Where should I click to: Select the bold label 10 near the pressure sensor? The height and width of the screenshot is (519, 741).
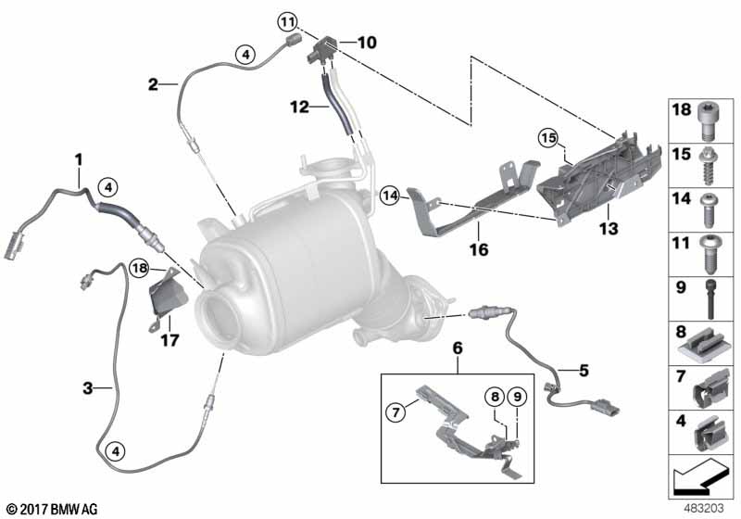click(367, 43)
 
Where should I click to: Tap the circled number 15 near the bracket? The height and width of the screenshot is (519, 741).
click(548, 138)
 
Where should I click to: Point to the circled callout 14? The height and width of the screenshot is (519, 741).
click(390, 196)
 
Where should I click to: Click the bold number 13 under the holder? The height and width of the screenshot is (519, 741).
click(609, 229)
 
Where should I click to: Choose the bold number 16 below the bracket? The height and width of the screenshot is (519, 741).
click(479, 249)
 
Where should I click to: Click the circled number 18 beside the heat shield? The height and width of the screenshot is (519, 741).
click(140, 269)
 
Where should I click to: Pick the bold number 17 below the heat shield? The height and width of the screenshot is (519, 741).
click(170, 340)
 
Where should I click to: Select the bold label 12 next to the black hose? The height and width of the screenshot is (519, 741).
click(299, 107)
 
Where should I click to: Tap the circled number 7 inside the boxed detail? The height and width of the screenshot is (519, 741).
click(396, 412)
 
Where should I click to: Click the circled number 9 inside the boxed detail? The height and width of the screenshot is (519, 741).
click(518, 397)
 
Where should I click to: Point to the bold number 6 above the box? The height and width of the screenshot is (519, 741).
click(458, 348)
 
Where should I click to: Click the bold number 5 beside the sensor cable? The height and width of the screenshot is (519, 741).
click(584, 371)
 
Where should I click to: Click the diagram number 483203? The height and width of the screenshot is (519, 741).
click(704, 509)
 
